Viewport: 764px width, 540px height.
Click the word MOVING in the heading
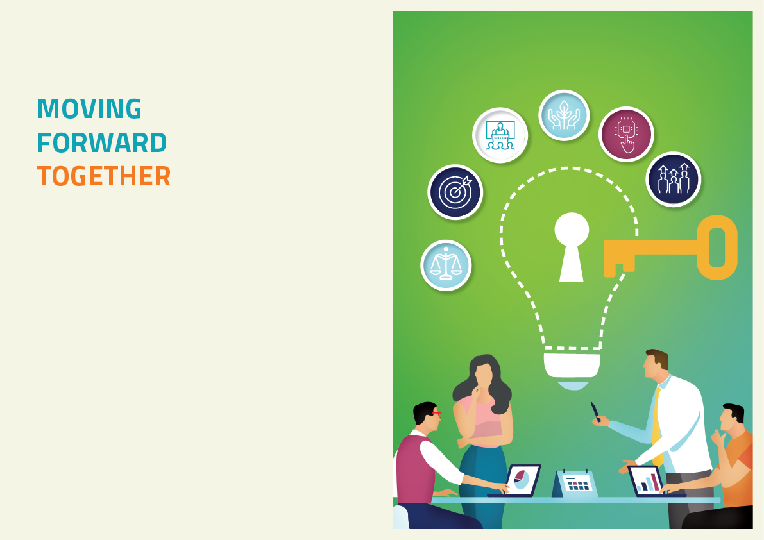pyautogui.click(x=90, y=108)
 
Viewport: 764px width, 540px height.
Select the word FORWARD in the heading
pyautogui.click(x=103, y=142)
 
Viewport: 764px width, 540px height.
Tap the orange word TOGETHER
pyautogui.click(x=104, y=176)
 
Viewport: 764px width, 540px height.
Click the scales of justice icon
pyautogui.click(x=446, y=266)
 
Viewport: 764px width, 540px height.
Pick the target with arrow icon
pyautogui.click(x=455, y=192)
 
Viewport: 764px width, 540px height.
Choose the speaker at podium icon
pyautogui.click(x=500, y=135)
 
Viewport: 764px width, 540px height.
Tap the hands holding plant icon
pyautogui.click(x=564, y=115)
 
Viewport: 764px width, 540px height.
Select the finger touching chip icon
pyautogui.click(x=626, y=134)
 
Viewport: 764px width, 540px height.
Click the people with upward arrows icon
pyautogui.click(x=674, y=179)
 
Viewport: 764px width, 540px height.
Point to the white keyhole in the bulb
pyautogui.click(x=572, y=246)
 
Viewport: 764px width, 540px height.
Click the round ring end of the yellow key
pyautogui.click(x=717, y=248)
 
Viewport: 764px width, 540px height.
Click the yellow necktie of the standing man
pyautogui.click(x=657, y=425)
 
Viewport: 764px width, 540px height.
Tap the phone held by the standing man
pyautogui.click(x=595, y=411)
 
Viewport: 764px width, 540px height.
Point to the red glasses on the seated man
pyautogui.click(x=437, y=414)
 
